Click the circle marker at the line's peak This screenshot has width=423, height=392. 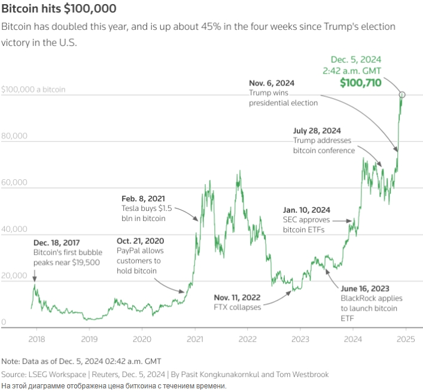(403, 94)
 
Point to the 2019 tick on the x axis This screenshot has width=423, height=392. (89, 338)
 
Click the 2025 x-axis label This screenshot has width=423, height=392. (406, 338)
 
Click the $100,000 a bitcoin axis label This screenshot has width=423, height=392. (34, 90)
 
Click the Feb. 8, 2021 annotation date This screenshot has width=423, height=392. (144, 198)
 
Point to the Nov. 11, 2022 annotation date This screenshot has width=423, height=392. (238, 297)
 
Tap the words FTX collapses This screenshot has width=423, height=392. (237, 307)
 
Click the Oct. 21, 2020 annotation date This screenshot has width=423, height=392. (140, 241)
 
